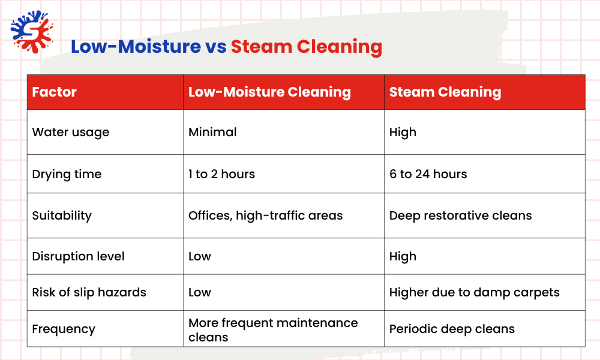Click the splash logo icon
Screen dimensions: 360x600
click(x=32, y=32)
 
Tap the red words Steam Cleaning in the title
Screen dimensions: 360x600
click(x=306, y=46)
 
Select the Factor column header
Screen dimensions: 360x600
click(x=55, y=92)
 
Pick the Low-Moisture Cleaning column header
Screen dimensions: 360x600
click(x=269, y=92)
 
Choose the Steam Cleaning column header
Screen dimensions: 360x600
click(x=445, y=92)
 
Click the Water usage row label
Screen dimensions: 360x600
click(x=71, y=132)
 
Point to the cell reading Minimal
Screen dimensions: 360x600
click(x=212, y=132)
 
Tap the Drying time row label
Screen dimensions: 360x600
click(x=67, y=174)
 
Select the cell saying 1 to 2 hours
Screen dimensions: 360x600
click(x=221, y=174)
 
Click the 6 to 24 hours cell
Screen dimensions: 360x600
click(x=428, y=174)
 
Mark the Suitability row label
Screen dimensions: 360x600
click(x=62, y=215)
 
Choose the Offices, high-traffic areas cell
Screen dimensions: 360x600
click(x=265, y=215)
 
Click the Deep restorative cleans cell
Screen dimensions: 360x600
click(x=460, y=215)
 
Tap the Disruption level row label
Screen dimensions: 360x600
click(x=78, y=256)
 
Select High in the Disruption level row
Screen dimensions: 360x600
click(x=403, y=256)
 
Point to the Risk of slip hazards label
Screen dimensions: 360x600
click(x=89, y=293)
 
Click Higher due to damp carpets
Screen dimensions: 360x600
click(x=474, y=293)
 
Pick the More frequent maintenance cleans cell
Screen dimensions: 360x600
click(x=273, y=329)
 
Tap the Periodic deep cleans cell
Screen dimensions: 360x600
click(x=452, y=329)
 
